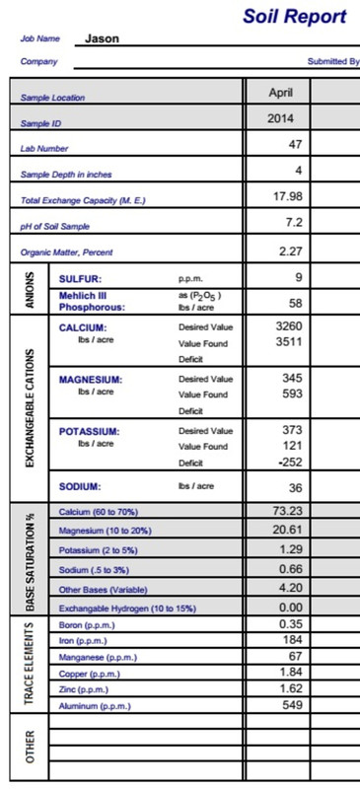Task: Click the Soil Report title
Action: (x=294, y=17)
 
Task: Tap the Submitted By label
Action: (x=333, y=61)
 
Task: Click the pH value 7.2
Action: (x=293, y=223)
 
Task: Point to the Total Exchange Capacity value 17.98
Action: (x=287, y=197)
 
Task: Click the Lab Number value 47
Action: (x=294, y=144)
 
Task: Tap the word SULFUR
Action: (x=81, y=279)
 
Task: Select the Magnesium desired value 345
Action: (x=291, y=378)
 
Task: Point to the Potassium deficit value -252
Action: (x=287, y=462)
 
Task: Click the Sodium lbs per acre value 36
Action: (x=295, y=487)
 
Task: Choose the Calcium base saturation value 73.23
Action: (x=286, y=511)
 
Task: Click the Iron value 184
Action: (x=291, y=640)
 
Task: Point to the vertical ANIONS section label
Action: (x=30, y=292)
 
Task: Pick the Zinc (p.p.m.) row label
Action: (x=84, y=689)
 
